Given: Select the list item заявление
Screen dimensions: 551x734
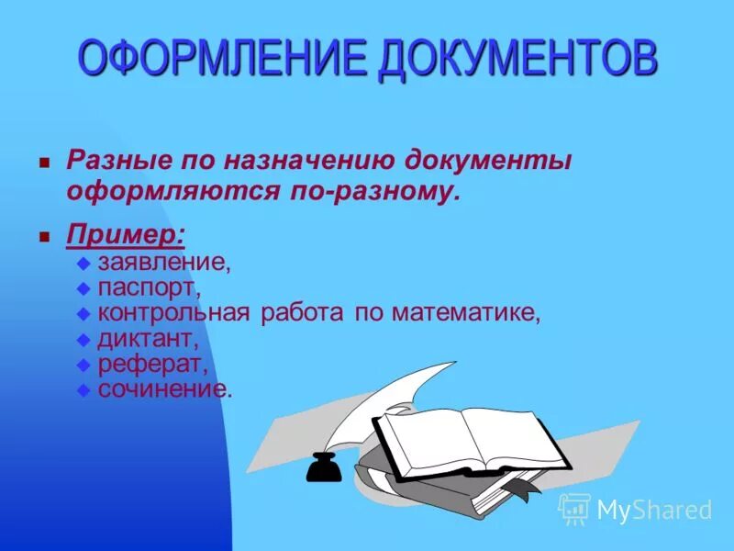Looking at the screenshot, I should click(x=164, y=263).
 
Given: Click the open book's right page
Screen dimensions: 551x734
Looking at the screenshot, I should click(x=509, y=441).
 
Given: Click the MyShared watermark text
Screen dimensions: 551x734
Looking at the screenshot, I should click(x=653, y=510).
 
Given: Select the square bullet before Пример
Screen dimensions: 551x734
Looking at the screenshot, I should click(x=43, y=236).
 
